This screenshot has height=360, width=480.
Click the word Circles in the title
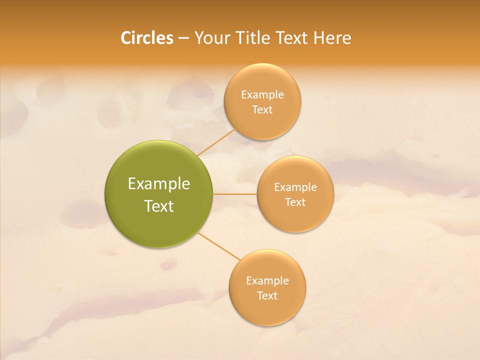pos(147,38)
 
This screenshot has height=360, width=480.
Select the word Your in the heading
pos(213,38)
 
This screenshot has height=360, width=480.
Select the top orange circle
pos(262,125)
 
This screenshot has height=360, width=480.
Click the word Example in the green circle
pos(159,184)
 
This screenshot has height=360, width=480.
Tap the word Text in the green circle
pos(159,206)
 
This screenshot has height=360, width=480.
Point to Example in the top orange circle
pos(262,95)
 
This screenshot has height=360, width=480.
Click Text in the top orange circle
pos(262,109)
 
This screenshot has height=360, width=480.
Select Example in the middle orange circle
pos(295,187)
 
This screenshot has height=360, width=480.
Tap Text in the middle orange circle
pos(295,202)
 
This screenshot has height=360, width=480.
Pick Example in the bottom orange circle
pos(267,281)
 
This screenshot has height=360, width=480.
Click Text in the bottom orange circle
pos(267,295)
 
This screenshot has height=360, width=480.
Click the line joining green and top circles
pos(216,142)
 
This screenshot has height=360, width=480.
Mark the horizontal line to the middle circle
pos(235,194)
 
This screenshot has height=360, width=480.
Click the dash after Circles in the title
pos(183,38)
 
